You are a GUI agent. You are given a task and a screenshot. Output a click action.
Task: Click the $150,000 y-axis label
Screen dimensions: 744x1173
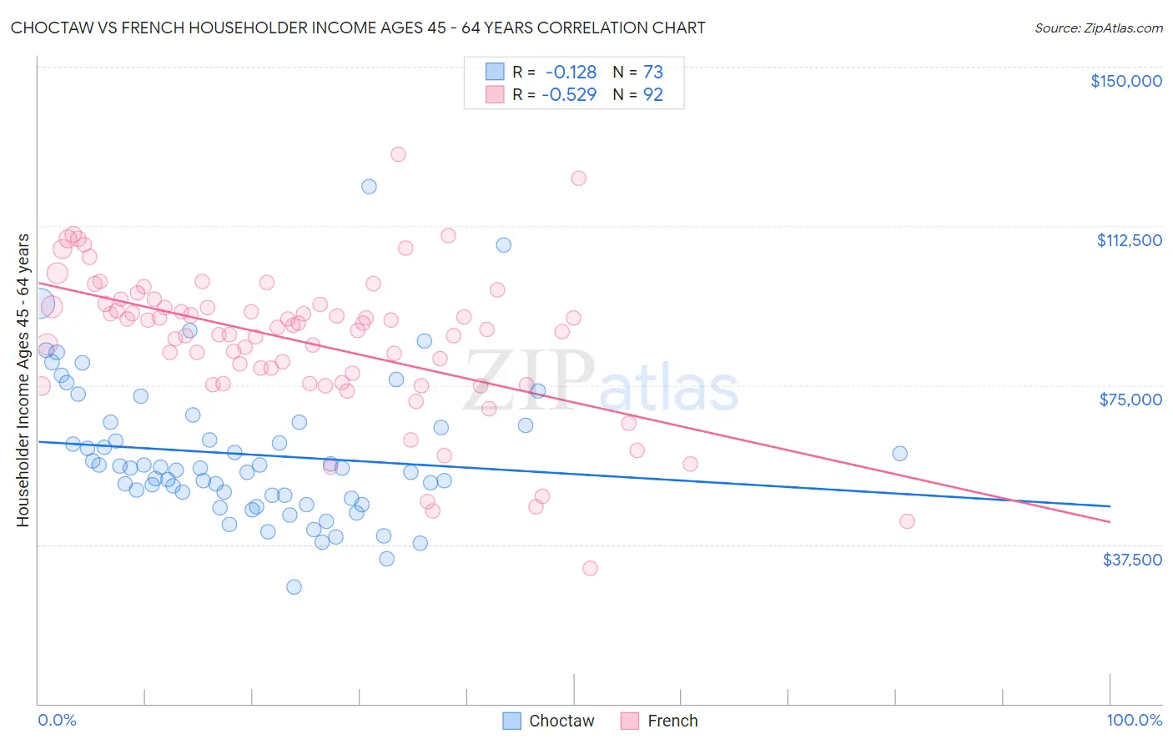coord(1125,81)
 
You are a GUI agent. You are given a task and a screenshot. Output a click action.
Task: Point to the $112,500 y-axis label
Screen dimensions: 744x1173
coord(1129,240)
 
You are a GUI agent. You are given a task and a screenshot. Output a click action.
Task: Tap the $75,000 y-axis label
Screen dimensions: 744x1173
coord(1130,400)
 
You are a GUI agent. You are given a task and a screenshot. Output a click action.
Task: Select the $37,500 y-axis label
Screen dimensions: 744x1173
coord(1131,560)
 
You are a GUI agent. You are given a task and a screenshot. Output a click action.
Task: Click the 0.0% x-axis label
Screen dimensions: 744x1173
coord(57,720)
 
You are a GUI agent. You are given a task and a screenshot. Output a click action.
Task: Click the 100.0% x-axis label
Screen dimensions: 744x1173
coord(1134,720)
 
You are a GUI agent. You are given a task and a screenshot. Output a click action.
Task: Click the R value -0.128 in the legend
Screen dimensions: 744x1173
coord(571,73)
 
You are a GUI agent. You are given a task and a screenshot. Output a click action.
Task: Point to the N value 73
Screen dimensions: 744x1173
coord(652,73)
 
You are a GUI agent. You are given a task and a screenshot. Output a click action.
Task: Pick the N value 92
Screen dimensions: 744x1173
coord(652,94)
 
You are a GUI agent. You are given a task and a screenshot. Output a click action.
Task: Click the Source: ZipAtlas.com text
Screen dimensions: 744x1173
coord(1098,28)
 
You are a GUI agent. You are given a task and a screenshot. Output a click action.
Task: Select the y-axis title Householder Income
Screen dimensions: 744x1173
coord(23,380)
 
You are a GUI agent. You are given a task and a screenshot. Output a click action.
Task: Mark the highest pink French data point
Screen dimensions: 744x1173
coord(398,154)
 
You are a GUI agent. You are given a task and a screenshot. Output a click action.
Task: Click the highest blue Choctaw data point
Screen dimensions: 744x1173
coord(369,186)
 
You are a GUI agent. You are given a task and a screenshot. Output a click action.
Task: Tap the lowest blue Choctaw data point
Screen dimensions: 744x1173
coord(294,586)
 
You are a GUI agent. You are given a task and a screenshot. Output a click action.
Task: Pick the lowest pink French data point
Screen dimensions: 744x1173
coord(590,568)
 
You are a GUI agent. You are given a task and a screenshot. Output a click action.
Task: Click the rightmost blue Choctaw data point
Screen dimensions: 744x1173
coord(899,453)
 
